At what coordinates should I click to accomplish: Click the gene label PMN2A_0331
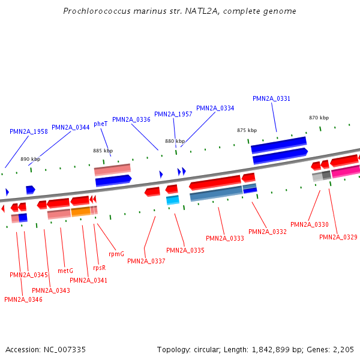coord(271,98)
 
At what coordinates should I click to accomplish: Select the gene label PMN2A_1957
coord(173,114)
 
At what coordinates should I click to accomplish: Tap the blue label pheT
coord(101,124)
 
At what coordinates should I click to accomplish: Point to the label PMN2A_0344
coord(71,127)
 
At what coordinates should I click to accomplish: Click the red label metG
coord(65,271)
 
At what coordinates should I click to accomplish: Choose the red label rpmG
coord(116,254)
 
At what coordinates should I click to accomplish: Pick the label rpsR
coord(99,268)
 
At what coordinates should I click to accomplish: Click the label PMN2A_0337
coord(146,261)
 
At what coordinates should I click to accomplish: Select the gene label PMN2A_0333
coord(225,238)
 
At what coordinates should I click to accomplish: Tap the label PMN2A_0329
coord(338,237)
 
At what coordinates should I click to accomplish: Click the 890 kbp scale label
coord(30,159)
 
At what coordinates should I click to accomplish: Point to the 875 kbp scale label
coord(247,130)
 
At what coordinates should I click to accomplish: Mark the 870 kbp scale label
coord(319,118)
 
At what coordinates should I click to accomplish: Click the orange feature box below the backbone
coord(80,212)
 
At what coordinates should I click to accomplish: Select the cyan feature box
coord(173,200)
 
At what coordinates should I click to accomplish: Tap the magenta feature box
coord(345,172)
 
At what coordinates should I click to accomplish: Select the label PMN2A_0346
coord(23,299)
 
